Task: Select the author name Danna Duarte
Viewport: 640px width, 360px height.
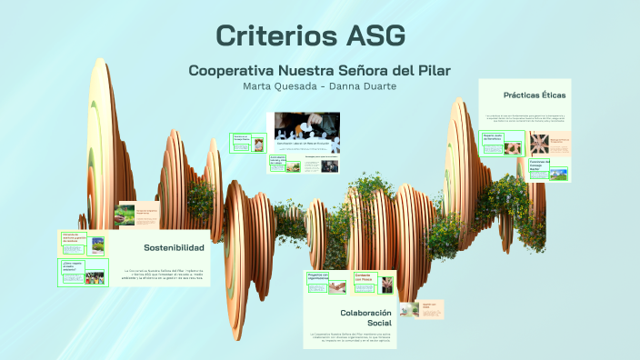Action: pyautogui.click(x=365, y=85)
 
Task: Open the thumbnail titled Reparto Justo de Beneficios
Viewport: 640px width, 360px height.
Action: pyautogui.click(x=492, y=142)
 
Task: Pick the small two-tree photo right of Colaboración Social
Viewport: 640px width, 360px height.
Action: pyautogui.click(x=411, y=309)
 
